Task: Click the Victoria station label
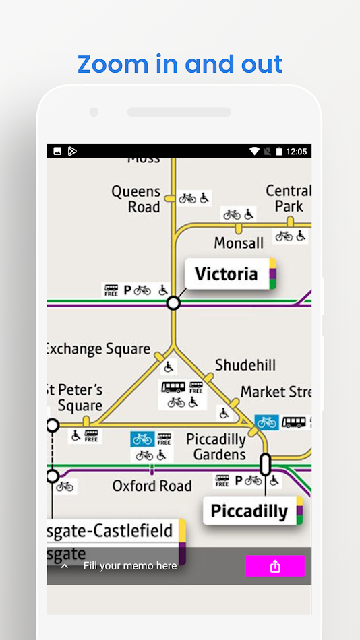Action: (227, 274)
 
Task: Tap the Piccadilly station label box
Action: (249, 511)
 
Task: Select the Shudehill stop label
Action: (245, 366)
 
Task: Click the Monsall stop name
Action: (239, 243)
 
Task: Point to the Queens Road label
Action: (137, 199)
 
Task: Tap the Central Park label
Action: (288, 199)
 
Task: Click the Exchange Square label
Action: (98, 349)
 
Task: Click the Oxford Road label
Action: (152, 486)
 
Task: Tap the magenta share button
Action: (274, 567)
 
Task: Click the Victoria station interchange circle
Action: (173, 303)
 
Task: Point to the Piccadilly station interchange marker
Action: (265, 463)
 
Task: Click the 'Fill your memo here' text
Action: (130, 566)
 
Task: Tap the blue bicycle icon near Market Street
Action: (266, 422)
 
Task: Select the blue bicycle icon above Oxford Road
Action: (142, 439)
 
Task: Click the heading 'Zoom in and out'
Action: (180, 64)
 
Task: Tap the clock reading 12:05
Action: (297, 152)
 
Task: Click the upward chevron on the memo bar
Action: (65, 566)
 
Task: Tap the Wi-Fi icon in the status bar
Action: (254, 152)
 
